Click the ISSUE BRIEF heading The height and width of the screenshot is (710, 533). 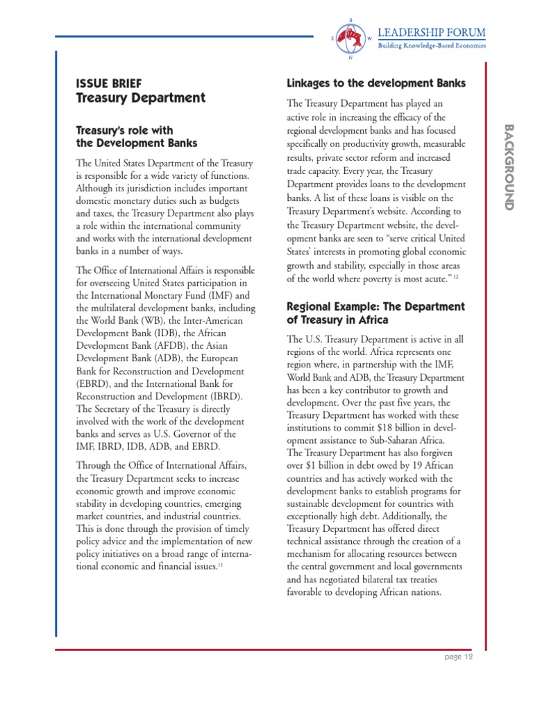(x=109, y=84)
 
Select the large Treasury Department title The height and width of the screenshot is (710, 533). (x=141, y=98)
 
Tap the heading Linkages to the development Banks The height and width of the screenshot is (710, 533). (x=375, y=84)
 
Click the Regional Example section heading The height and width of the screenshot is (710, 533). (x=375, y=313)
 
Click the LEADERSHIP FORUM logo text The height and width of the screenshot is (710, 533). (x=431, y=33)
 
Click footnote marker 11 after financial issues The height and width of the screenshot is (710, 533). (x=220, y=566)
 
